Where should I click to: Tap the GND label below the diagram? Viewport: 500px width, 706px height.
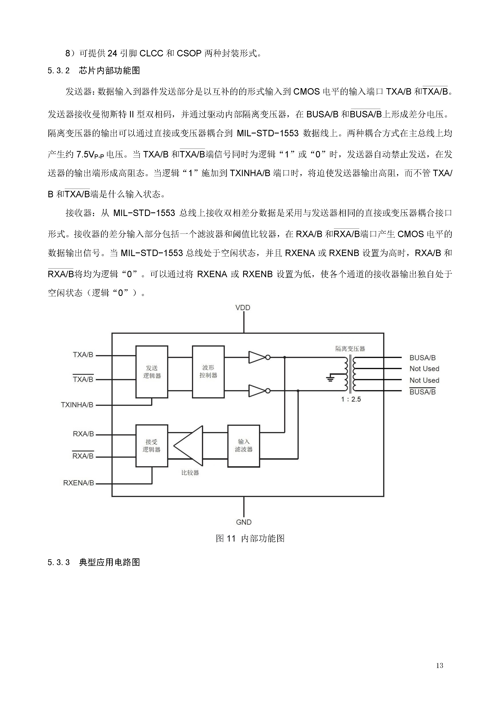click(244, 522)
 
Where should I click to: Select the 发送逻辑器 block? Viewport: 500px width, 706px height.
click(152, 372)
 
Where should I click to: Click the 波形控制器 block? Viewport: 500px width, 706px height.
click(208, 372)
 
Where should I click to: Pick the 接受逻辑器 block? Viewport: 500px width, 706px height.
click(151, 446)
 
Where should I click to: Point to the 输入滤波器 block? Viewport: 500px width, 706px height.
click(244, 446)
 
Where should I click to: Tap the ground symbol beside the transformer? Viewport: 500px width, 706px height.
click(330, 378)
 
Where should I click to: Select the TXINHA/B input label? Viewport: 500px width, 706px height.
click(77, 405)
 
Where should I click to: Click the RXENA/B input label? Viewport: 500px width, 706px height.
click(78, 483)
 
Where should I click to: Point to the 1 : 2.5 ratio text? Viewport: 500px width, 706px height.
click(351, 399)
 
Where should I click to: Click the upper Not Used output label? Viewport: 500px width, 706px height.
click(424, 369)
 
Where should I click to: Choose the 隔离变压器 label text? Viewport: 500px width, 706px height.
click(350, 349)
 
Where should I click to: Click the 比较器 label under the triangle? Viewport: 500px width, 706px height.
click(190, 473)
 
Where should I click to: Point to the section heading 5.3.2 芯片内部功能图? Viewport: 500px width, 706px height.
click(94, 71)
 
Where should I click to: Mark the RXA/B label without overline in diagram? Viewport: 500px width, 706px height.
click(83, 434)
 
